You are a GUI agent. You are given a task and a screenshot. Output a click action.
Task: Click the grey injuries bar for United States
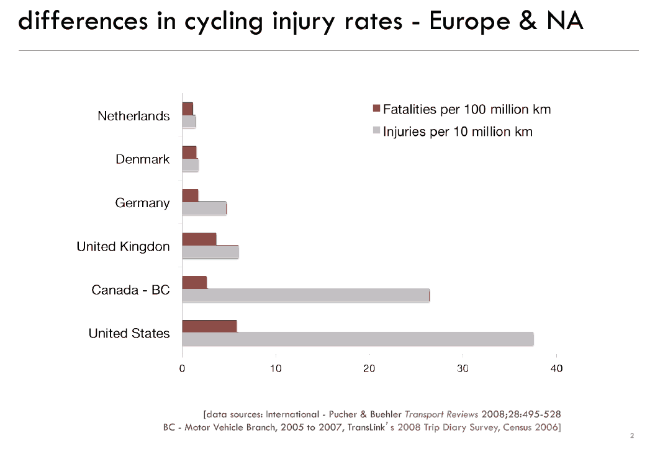coord(358,339)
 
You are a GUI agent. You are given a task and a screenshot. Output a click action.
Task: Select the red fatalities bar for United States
coord(209,326)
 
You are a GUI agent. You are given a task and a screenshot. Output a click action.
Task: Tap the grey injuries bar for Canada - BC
coord(305,295)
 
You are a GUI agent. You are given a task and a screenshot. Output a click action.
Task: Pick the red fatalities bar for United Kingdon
coord(199,239)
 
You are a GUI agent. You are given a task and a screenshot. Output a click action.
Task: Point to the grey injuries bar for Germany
coord(204,208)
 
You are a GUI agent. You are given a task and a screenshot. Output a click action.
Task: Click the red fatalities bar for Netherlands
coord(187,109)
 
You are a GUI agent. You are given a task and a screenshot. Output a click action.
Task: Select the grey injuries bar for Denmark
coord(190,165)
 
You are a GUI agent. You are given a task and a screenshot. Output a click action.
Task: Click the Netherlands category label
coord(133,116)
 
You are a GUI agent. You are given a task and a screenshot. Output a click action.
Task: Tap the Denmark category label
coord(142,159)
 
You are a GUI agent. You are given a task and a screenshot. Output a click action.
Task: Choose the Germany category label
coord(142,203)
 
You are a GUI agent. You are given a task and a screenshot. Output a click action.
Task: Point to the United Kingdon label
coord(123,246)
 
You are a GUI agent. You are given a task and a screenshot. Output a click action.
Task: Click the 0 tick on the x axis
coord(182,368)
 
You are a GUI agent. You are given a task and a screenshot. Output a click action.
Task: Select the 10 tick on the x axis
coord(276,368)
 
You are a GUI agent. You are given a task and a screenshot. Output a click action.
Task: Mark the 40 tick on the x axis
coord(556,368)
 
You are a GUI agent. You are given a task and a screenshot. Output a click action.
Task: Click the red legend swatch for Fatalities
coord(376,109)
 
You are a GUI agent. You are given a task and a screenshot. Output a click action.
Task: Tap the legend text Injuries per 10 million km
coord(458,131)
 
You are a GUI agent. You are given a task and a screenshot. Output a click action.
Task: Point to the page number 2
coord(631,435)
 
